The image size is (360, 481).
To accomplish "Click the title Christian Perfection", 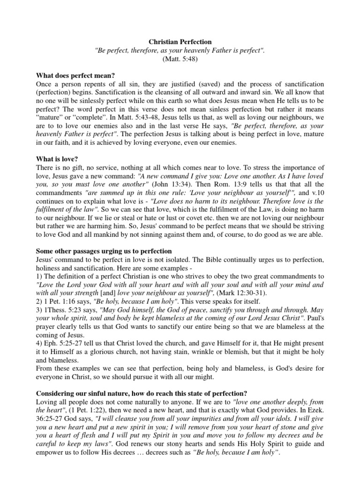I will tap(180, 42).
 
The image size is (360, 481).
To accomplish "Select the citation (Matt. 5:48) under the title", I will tap(180, 59).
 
